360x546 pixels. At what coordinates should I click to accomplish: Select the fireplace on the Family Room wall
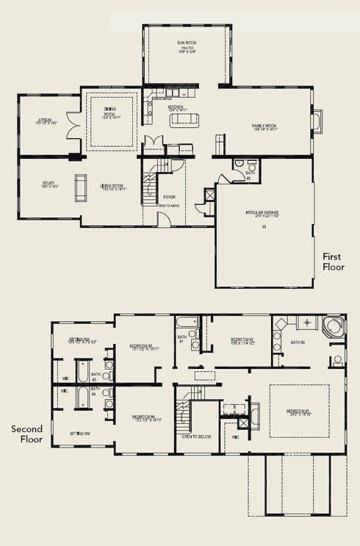[317, 121]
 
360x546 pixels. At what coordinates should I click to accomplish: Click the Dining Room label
[109, 114]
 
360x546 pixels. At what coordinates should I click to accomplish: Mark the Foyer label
[169, 197]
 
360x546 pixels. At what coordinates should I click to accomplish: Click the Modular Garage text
[264, 215]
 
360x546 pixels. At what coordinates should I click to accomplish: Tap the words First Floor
[333, 262]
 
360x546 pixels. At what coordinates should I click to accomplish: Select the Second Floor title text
[26, 434]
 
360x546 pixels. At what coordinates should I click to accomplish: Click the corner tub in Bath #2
[332, 326]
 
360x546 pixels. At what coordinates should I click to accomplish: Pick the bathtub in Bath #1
[187, 322]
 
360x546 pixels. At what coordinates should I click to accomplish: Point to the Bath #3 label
[96, 378]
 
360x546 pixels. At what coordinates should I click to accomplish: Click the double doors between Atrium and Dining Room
[73, 126]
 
